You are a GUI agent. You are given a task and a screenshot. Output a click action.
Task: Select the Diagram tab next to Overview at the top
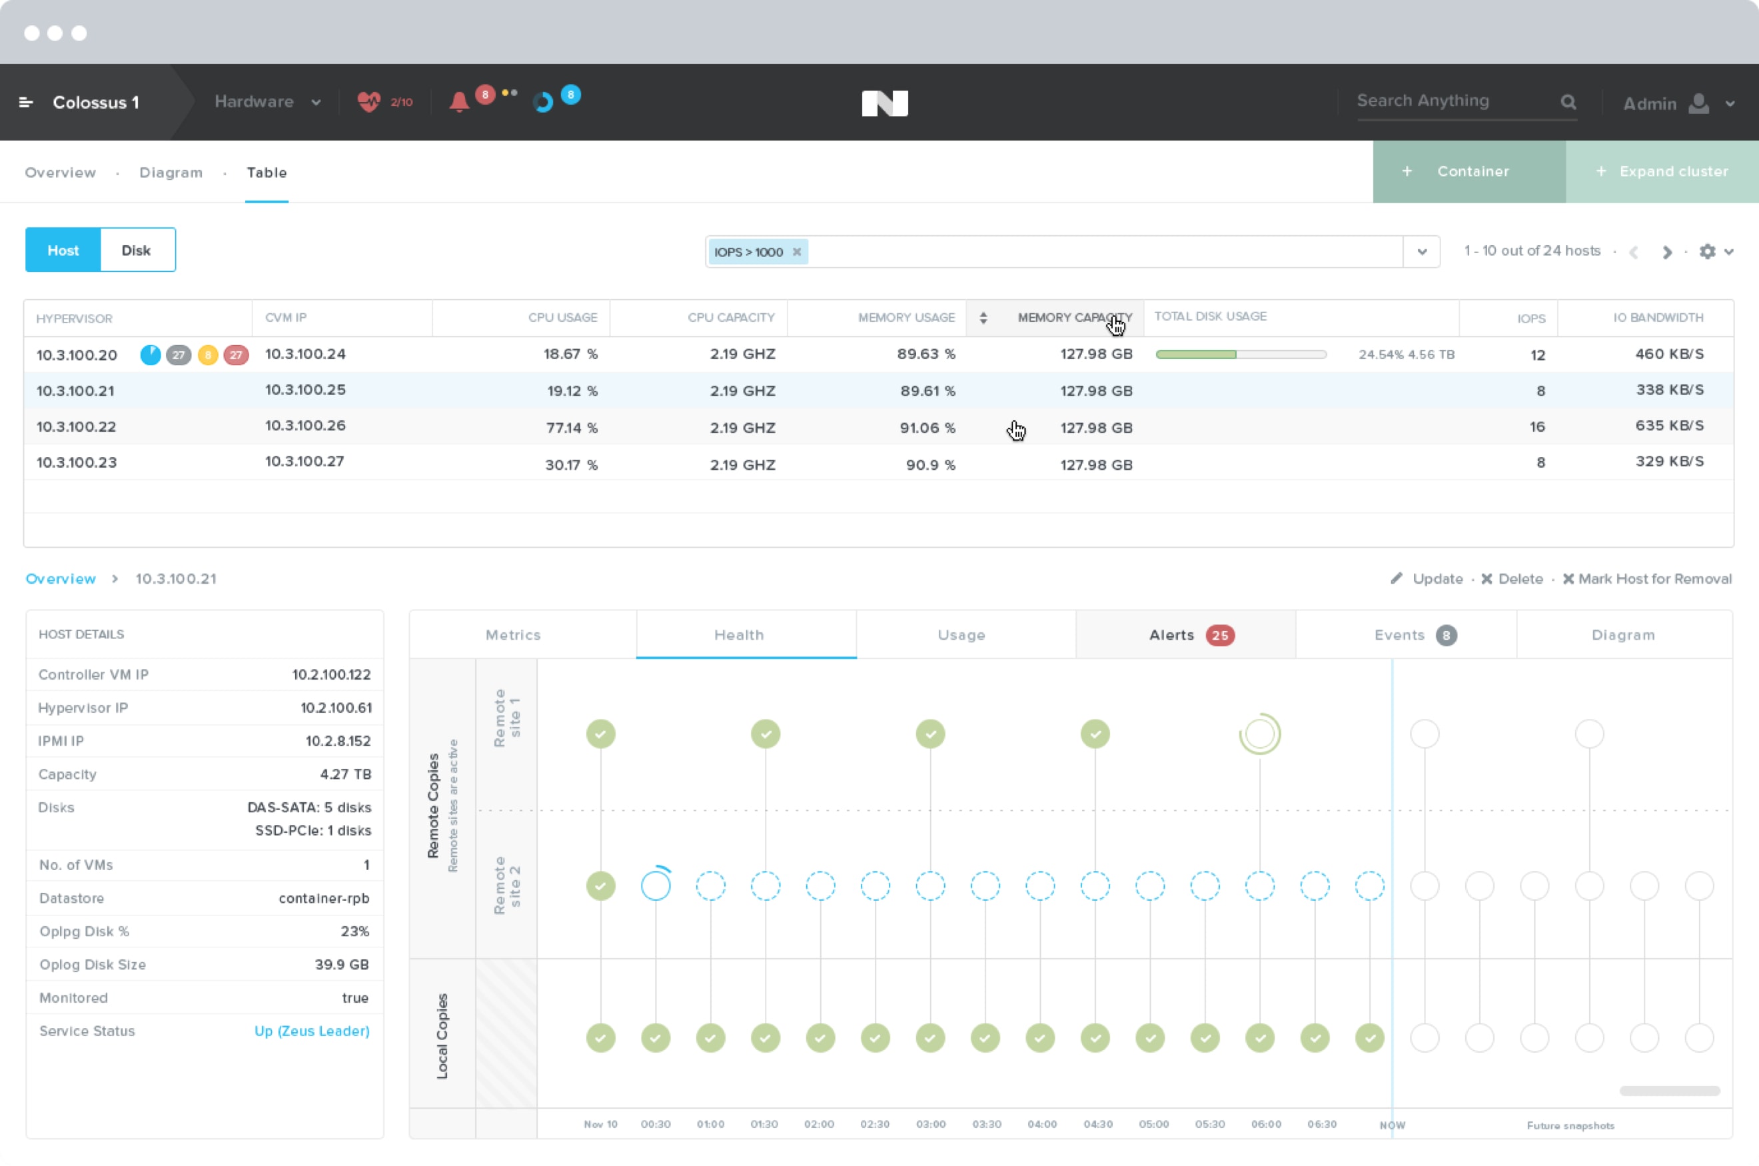click(171, 173)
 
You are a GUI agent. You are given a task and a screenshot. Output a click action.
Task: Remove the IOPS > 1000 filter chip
click(796, 252)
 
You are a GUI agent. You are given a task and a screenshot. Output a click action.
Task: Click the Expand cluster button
click(1662, 172)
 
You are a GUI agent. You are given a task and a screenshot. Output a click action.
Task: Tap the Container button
click(1469, 172)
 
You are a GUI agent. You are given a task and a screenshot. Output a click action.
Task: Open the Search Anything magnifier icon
click(1568, 102)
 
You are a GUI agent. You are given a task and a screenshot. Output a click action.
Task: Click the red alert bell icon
click(458, 102)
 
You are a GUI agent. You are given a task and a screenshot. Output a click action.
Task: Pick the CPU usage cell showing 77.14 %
click(571, 428)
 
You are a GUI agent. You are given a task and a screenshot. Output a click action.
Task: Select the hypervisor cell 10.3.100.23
click(77, 462)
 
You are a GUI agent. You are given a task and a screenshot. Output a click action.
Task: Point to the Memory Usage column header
click(906, 318)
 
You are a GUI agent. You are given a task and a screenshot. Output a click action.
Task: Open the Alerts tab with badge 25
click(1186, 635)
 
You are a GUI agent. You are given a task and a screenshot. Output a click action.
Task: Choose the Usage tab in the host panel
click(961, 635)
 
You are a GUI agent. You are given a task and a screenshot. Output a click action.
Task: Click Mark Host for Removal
click(1648, 578)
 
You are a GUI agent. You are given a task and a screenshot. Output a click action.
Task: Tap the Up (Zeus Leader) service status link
click(312, 1031)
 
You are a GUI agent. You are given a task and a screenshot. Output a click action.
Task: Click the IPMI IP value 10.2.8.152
click(338, 741)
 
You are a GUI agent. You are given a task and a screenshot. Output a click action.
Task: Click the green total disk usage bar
click(1196, 354)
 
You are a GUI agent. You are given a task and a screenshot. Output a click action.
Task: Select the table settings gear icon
click(1708, 251)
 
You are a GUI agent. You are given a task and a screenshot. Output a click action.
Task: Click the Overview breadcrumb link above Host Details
click(60, 578)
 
